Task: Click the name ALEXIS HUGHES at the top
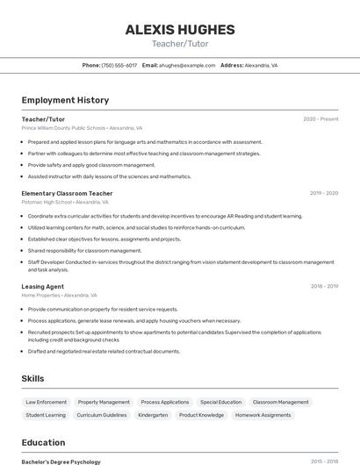179,28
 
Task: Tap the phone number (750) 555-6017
119,65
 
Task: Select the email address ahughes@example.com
187,65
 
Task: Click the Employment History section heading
65,100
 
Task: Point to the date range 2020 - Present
320,118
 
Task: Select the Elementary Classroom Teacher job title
67,193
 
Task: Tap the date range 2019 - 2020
324,193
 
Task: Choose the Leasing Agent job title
43,286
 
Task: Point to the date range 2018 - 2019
324,286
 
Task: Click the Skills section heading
33,378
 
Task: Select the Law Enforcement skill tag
46,402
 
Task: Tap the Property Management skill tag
104,402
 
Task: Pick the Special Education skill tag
220,402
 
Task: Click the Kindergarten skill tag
153,415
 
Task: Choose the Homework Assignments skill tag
263,415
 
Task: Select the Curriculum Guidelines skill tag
102,415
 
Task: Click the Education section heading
43,442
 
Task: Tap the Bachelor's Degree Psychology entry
61,461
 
